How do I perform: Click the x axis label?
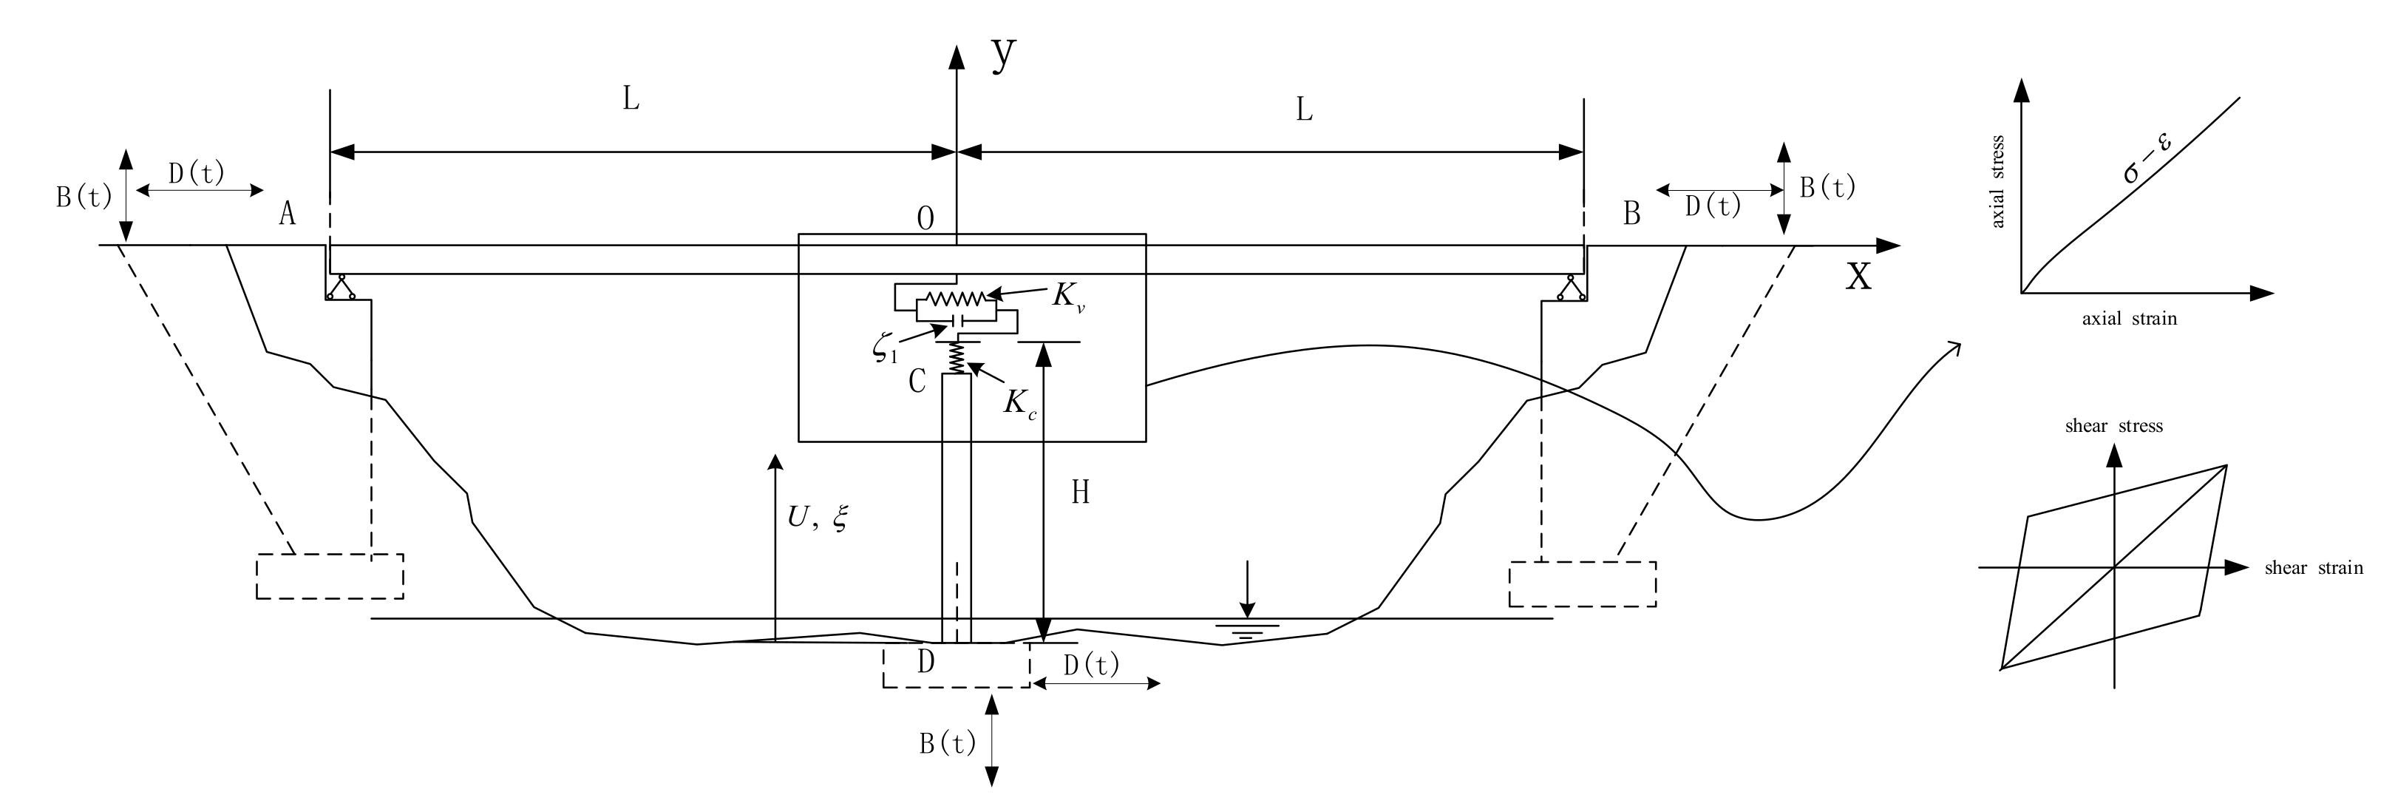pos(1858,275)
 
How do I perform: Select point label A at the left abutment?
pos(288,215)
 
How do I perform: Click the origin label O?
pos(925,219)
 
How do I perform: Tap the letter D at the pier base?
pos(925,661)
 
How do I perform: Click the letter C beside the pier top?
pos(917,382)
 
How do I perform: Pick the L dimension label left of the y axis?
pos(631,100)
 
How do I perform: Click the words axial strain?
pos(2129,319)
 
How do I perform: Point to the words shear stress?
pos(2113,426)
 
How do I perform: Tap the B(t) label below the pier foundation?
pos(948,743)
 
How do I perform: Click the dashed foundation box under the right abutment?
pos(1581,584)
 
